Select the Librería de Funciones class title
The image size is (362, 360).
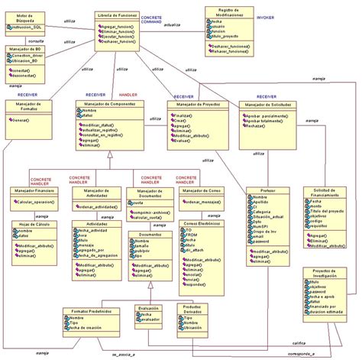pyautogui.click(x=118, y=15)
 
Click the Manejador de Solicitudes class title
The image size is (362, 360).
pyautogui.click(x=265, y=104)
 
